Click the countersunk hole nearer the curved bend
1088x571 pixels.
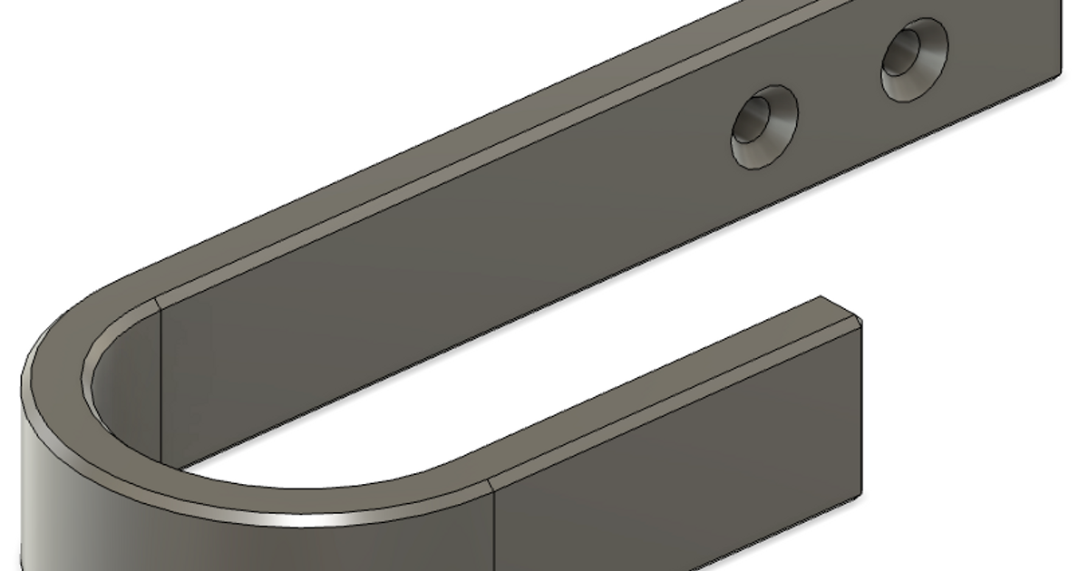[764, 127]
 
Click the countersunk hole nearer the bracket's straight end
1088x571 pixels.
[914, 59]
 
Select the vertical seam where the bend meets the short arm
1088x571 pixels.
[492, 526]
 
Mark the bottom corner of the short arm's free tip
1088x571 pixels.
[860, 496]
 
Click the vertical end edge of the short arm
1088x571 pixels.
[860, 408]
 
